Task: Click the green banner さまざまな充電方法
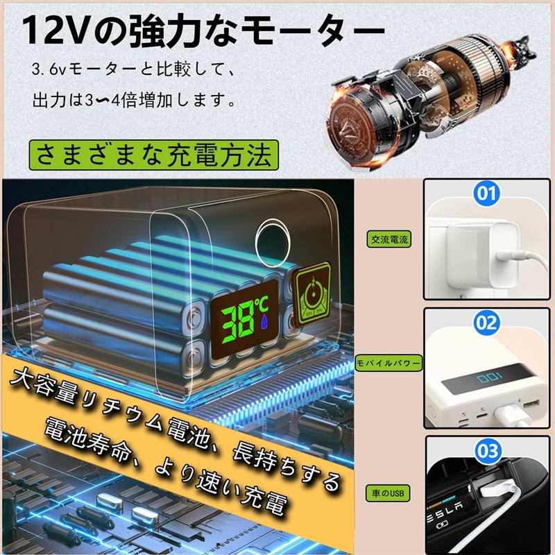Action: pyautogui.click(x=154, y=155)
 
